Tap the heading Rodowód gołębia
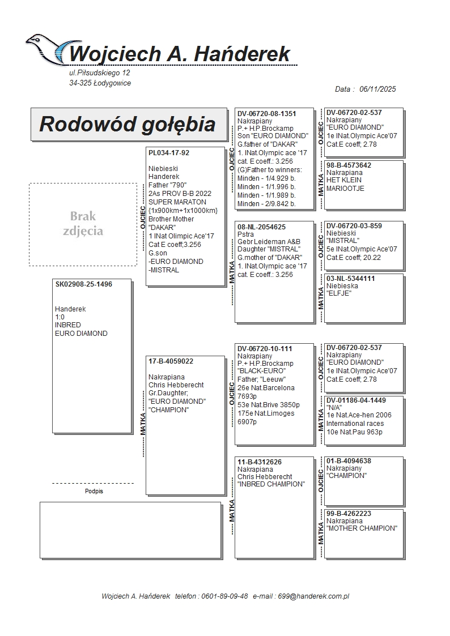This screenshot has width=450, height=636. [x=128, y=124]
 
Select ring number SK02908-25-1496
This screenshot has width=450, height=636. [x=84, y=284]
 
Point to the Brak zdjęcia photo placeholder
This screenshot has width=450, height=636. [x=83, y=224]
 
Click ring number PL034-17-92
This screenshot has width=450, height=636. [x=169, y=153]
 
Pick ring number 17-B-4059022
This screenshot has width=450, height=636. [x=171, y=361]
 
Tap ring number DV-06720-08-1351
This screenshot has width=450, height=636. [x=267, y=114]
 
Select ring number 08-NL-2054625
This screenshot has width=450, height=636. [x=261, y=227]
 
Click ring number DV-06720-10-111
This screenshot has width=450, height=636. [x=265, y=349]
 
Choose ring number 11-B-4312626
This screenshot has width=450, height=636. [x=260, y=462]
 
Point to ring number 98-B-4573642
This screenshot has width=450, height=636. [x=349, y=165]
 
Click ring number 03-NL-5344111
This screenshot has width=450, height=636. [x=351, y=279]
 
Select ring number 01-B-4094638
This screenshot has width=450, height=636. [x=349, y=461]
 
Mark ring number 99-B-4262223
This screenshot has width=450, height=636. [x=349, y=514]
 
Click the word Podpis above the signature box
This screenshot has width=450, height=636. [x=94, y=491]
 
